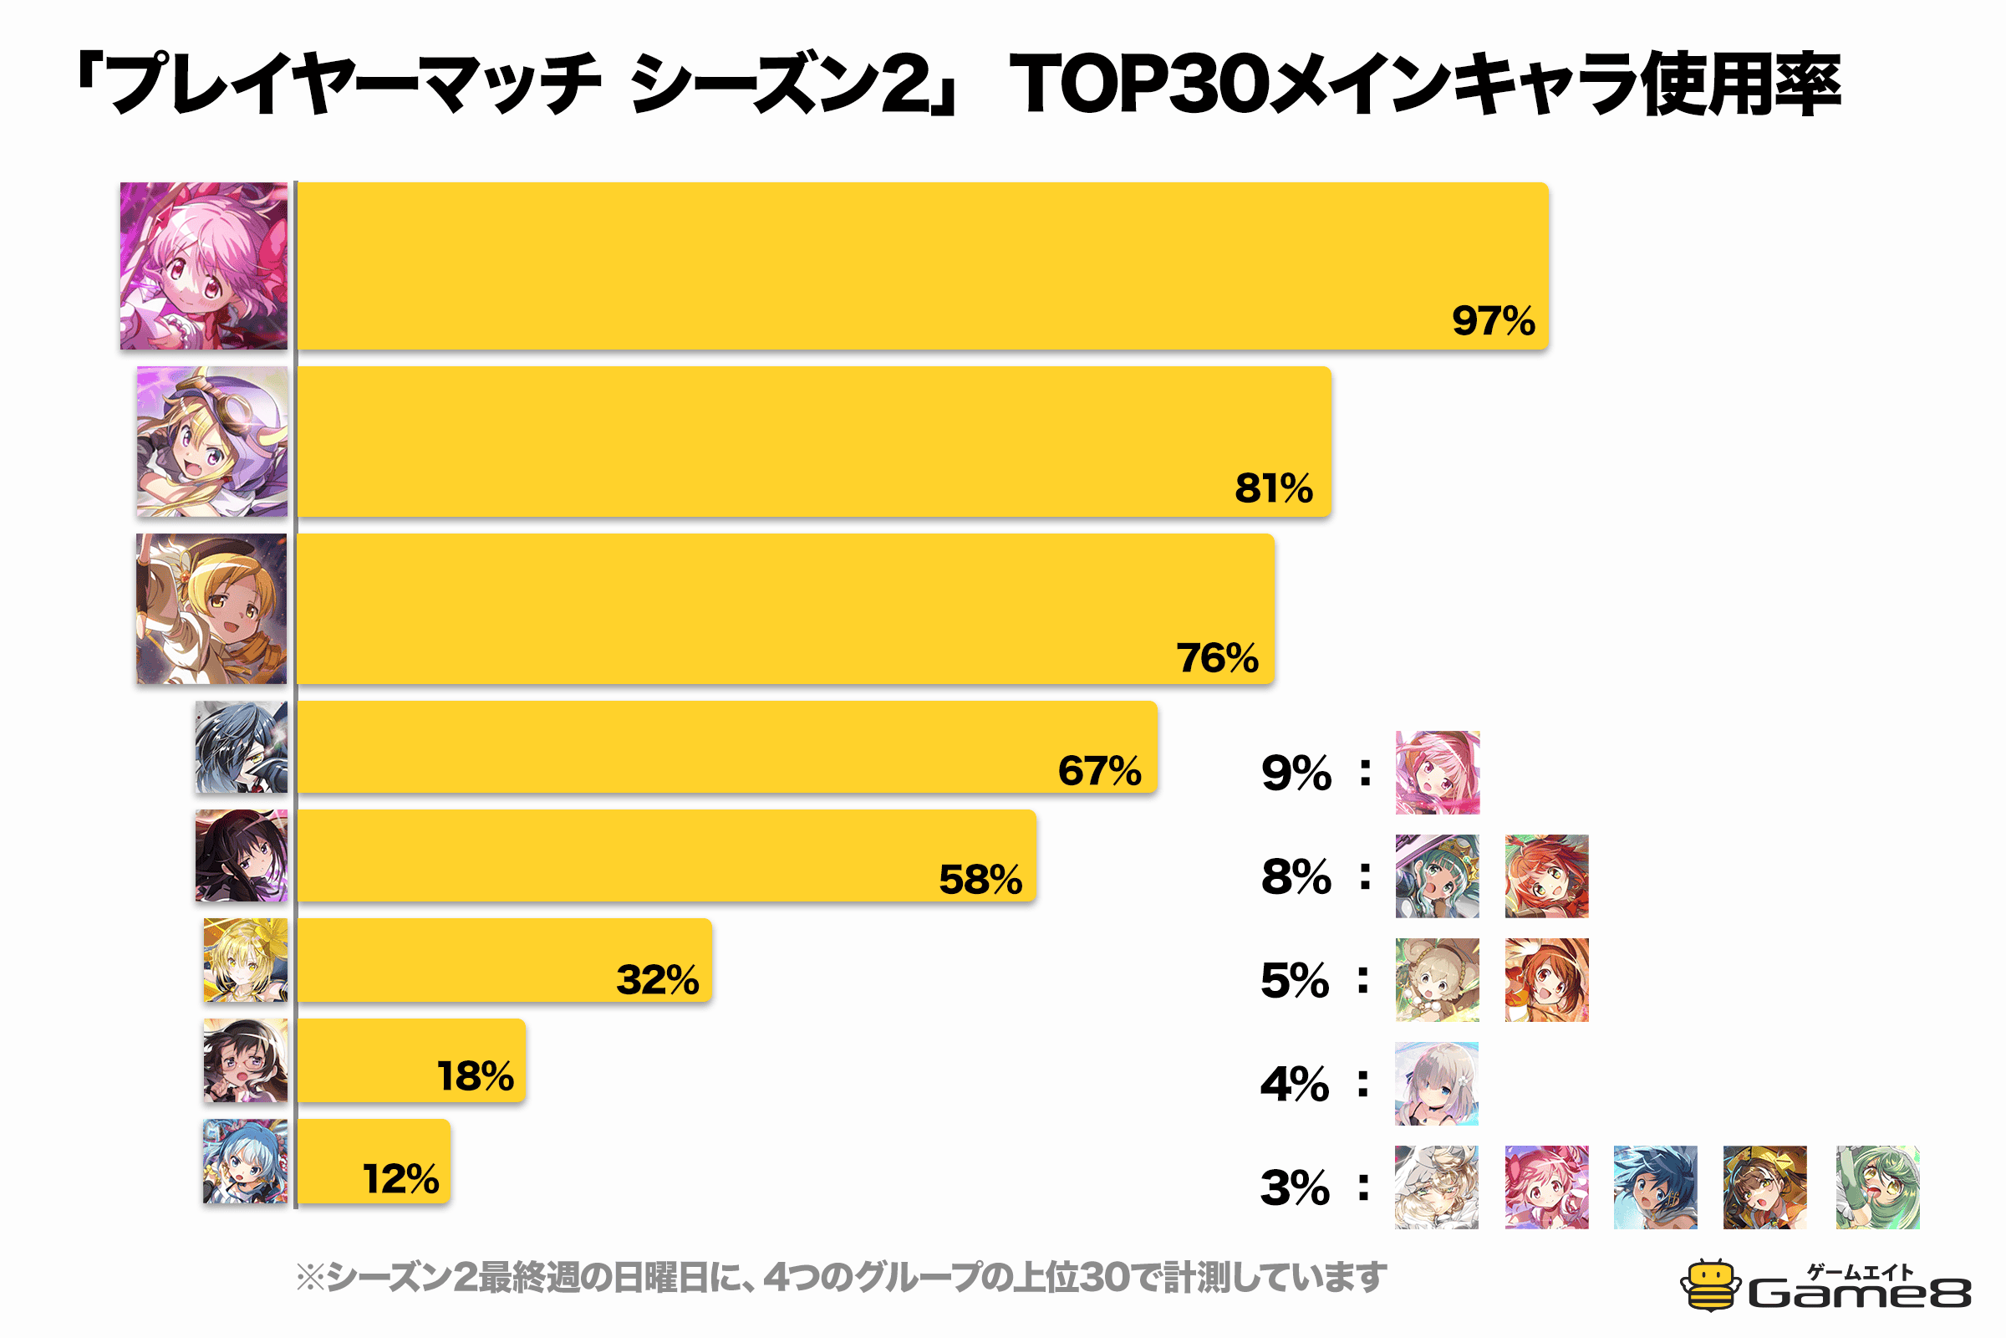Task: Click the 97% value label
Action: (1493, 321)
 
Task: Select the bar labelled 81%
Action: (813, 442)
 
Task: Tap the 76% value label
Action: (1217, 658)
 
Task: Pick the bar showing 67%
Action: (726, 747)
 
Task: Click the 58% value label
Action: (980, 880)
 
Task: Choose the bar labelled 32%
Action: (504, 960)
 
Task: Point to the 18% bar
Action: (411, 1060)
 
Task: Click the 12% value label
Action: (401, 1179)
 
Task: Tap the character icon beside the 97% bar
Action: (204, 265)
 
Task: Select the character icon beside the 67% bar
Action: (242, 747)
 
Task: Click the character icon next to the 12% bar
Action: (245, 1161)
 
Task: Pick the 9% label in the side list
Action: (1296, 773)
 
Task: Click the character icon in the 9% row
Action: (1437, 772)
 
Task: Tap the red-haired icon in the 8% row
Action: (1546, 876)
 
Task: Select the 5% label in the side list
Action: (1295, 980)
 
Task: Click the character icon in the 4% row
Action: (1436, 1084)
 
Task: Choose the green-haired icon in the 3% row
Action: (1877, 1187)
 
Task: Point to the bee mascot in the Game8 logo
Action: (1709, 1285)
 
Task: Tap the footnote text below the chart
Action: (840, 1278)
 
